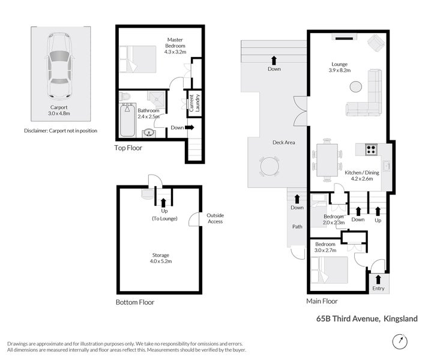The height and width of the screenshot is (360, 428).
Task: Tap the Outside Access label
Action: [x=215, y=218]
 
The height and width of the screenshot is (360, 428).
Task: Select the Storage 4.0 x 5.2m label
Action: [x=161, y=258]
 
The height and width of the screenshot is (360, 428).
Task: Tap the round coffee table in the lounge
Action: [x=356, y=86]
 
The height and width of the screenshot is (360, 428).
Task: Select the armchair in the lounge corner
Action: [x=376, y=43]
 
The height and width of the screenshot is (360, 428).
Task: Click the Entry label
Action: [x=378, y=289]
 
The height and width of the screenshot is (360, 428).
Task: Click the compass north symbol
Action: [x=399, y=340]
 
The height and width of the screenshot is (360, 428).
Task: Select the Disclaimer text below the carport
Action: [x=60, y=130]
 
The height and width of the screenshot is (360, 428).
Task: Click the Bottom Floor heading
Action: [x=134, y=302]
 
